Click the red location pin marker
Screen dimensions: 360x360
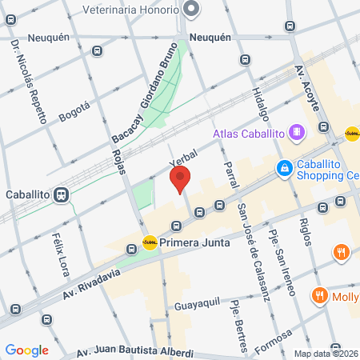182,180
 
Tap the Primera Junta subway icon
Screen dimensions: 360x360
150,242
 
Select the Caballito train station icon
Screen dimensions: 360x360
61,194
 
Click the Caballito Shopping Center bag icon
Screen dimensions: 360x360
284,168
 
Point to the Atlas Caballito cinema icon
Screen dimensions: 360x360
297,131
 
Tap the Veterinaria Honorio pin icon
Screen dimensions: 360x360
191,9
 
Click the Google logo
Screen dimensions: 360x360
27,350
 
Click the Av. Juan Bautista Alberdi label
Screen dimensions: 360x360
135,353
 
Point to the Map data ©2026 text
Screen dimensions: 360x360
326,354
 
